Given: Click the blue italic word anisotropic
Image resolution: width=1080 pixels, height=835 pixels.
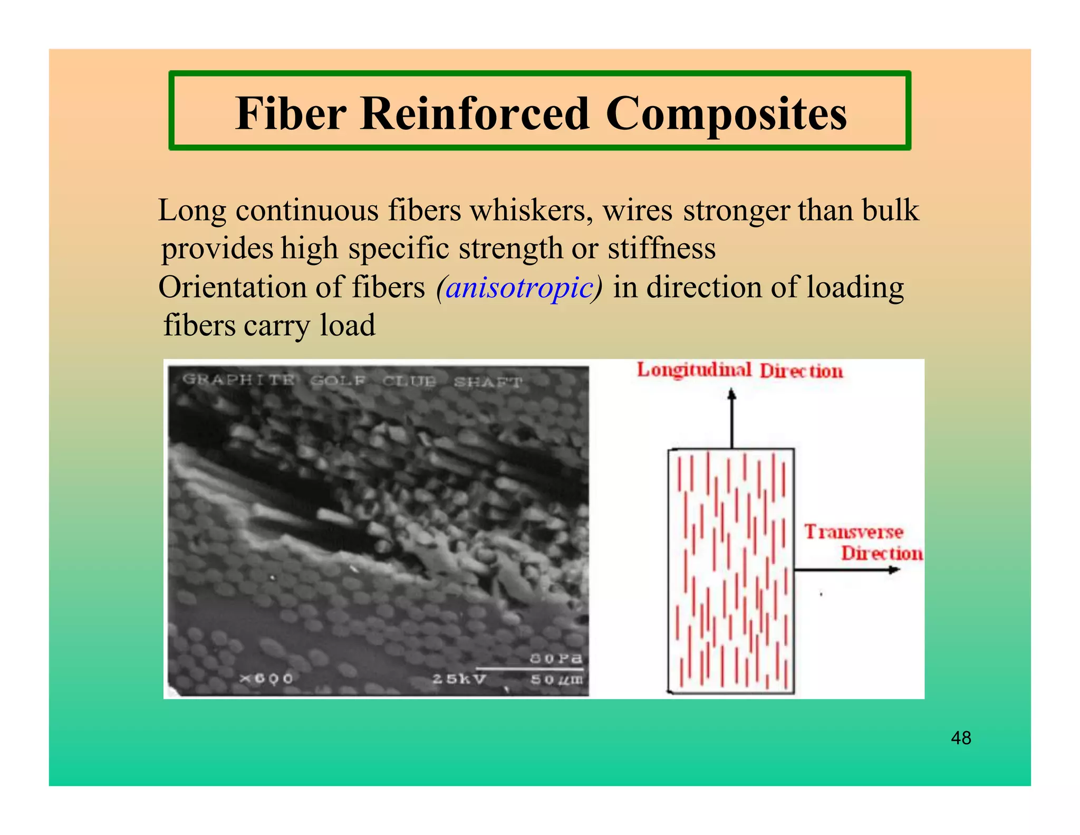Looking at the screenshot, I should pyautogui.click(x=519, y=288).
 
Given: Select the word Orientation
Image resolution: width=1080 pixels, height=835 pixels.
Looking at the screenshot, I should pyautogui.click(x=232, y=288).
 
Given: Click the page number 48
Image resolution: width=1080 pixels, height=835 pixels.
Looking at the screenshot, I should pyautogui.click(x=961, y=737).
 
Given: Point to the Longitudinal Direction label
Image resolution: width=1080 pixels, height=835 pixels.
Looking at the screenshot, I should pyautogui.click(x=739, y=371).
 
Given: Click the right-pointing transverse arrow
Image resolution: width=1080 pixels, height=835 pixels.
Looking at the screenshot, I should pyautogui.click(x=846, y=570).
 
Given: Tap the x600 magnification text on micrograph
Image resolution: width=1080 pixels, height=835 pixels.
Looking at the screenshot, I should pyautogui.click(x=266, y=678).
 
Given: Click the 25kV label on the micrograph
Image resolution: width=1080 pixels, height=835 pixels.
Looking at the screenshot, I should pyautogui.click(x=459, y=679).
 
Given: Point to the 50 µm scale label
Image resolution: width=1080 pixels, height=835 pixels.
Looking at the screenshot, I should pyautogui.click(x=556, y=679).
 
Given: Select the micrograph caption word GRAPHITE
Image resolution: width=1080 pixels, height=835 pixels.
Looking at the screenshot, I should pyautogui.click(x=238, y=380).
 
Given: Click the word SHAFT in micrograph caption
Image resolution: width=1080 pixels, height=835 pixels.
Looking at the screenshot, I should pyautogui.click(x=488, y=382).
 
